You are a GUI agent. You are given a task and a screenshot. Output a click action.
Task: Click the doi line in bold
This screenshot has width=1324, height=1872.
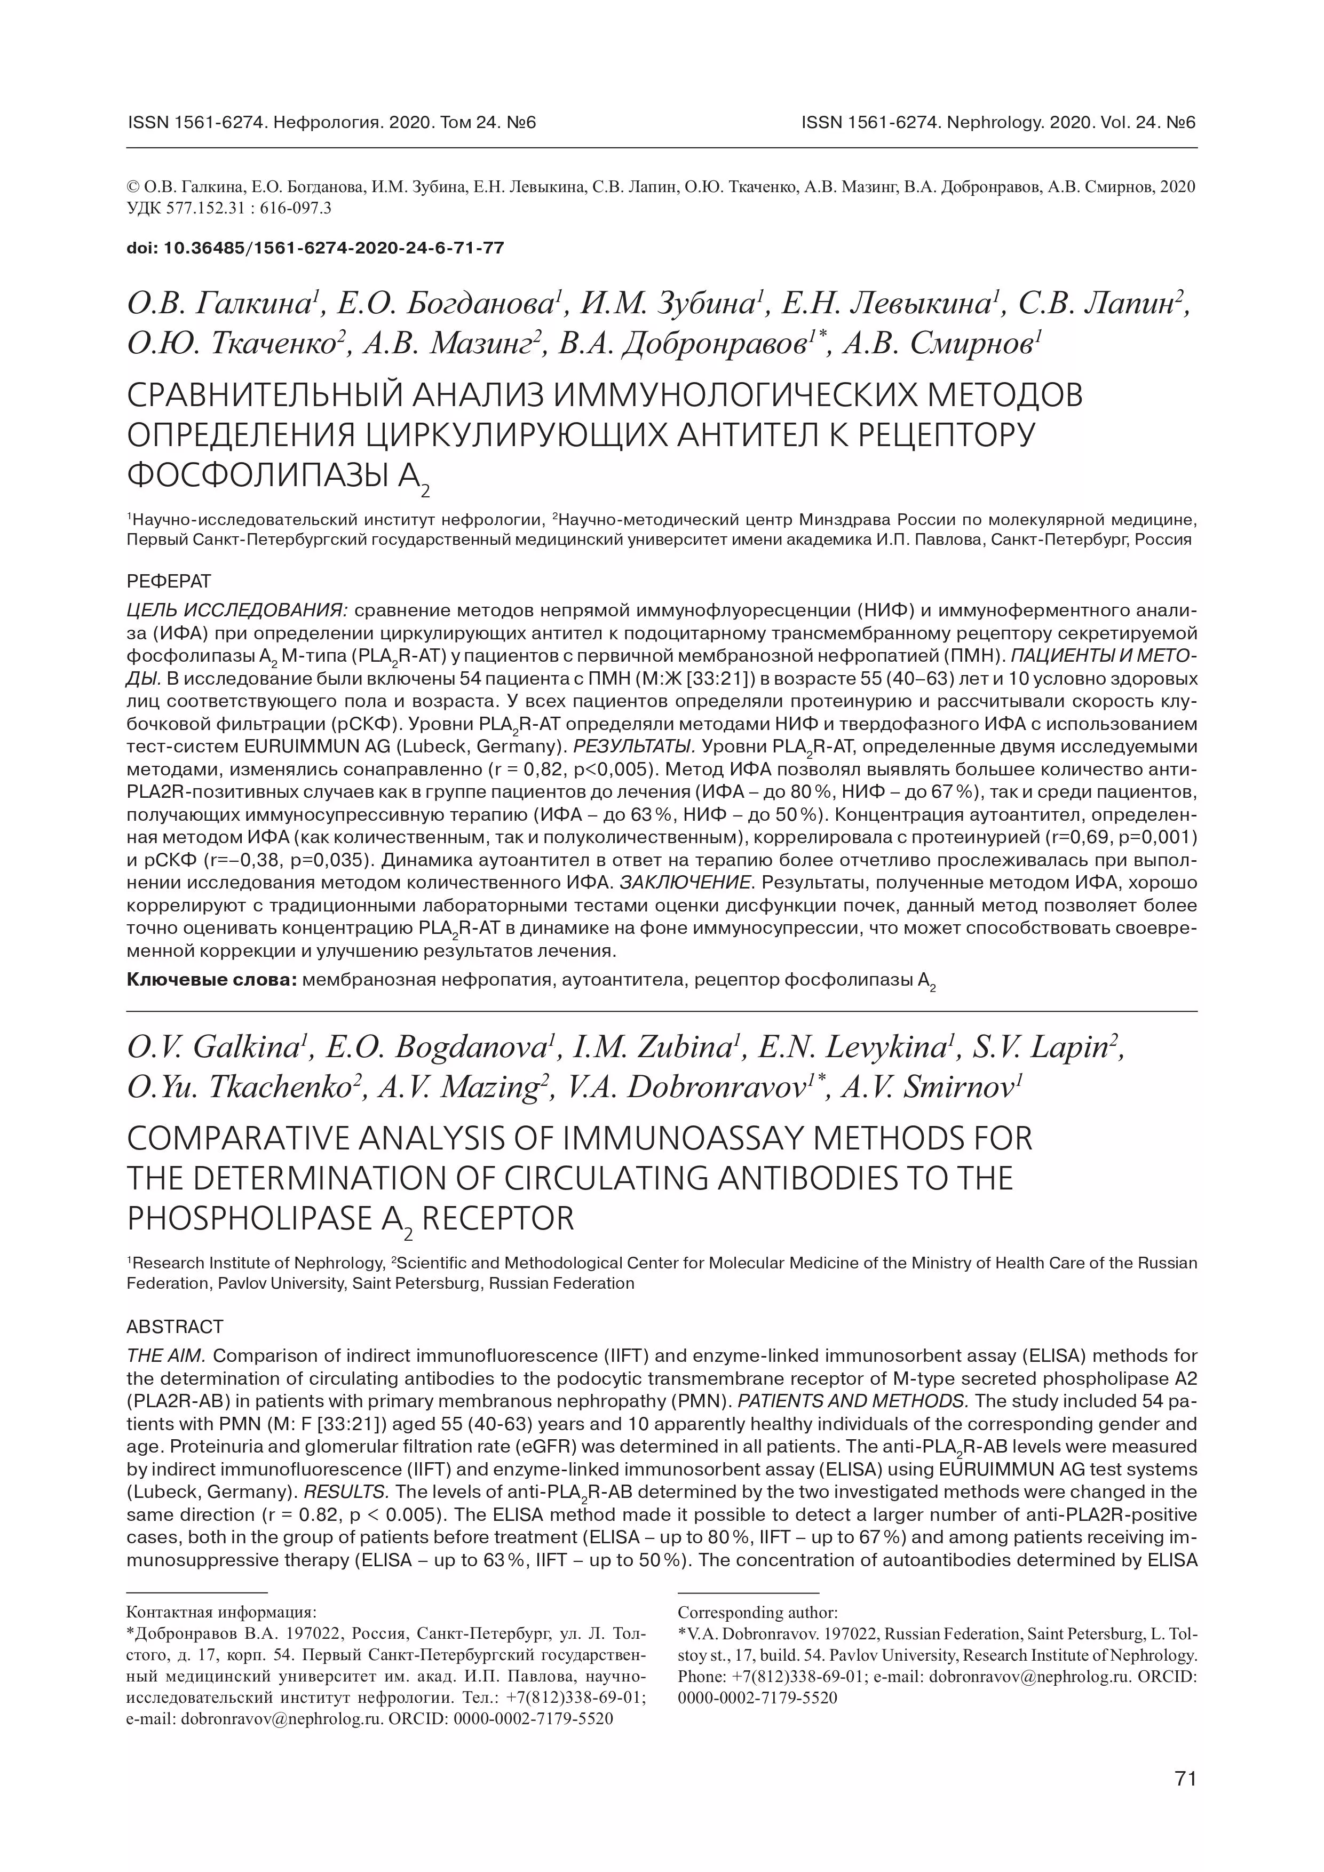click(315, 248)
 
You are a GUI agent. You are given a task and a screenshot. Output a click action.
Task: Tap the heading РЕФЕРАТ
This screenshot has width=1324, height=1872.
click(169, 581)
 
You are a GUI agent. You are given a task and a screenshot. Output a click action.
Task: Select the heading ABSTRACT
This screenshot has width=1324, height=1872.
click(175, 1327)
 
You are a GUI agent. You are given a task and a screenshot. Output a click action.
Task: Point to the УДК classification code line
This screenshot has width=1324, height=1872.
click(229, 209)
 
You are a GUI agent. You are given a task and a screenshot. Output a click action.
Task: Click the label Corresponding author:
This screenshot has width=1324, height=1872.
click(757, 1613)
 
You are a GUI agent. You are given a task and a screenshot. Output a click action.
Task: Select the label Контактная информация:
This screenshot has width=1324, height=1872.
click(222, 1613)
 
